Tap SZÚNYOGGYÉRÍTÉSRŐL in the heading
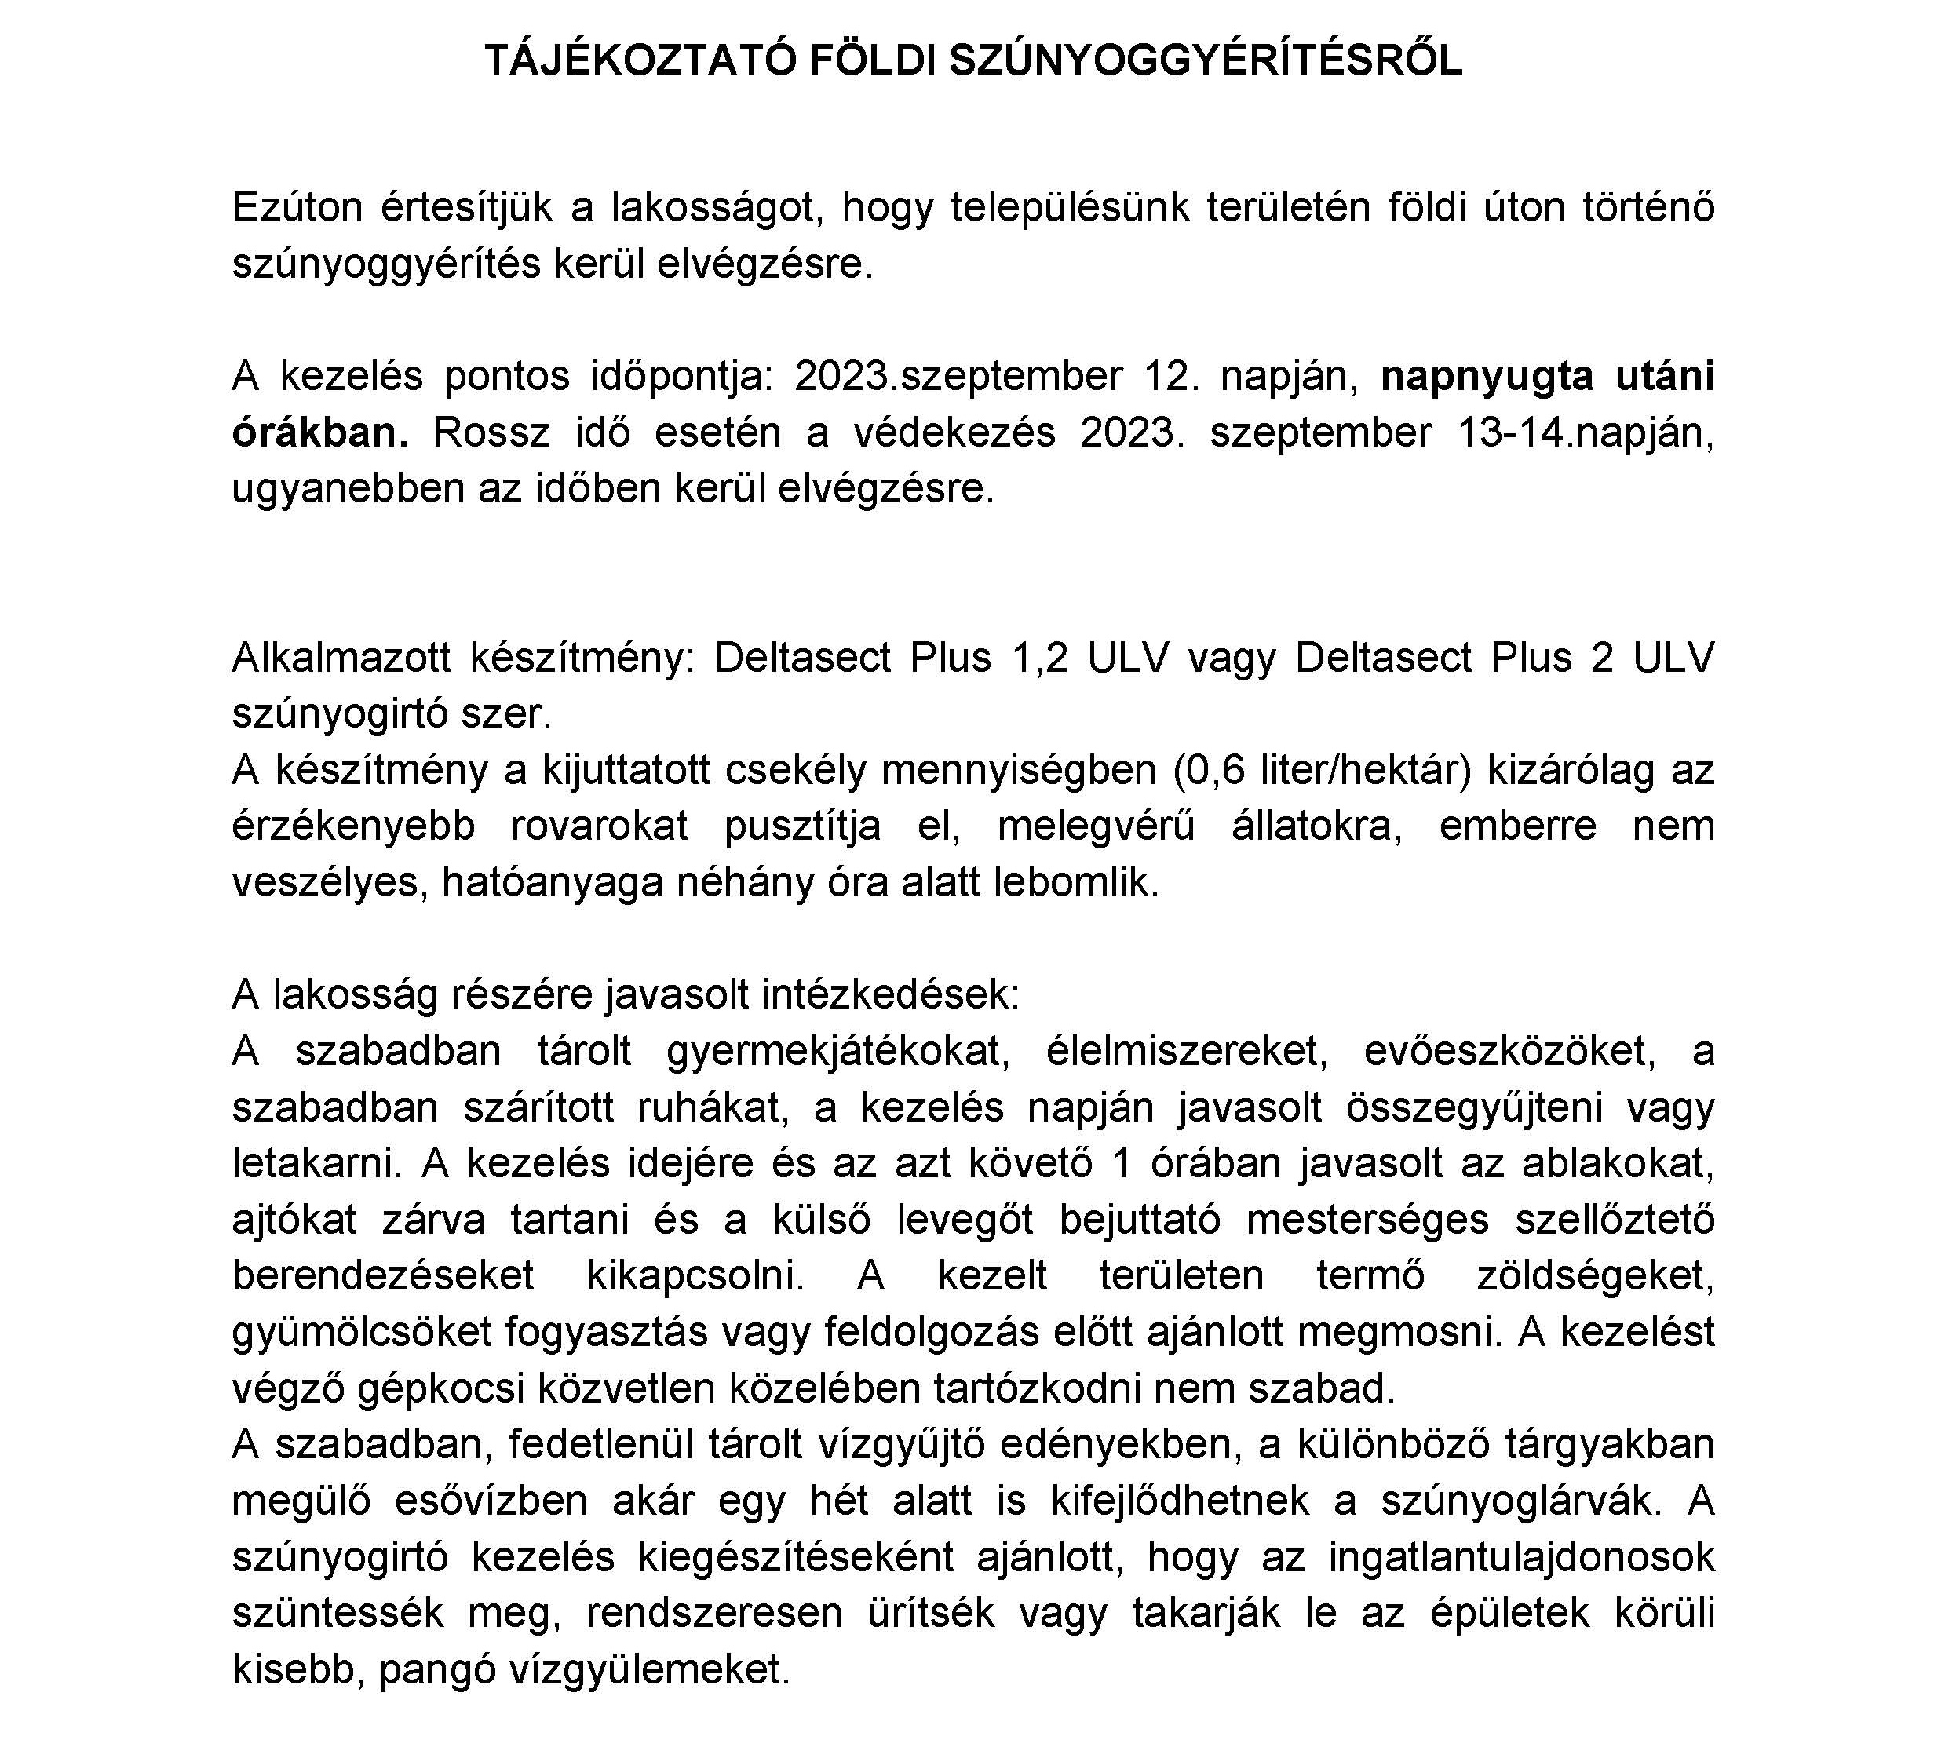click(x=1206, y=61)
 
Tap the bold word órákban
click(x=319, y=433)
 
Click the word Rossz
click(x=491, y=433)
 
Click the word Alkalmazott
click(x=338, y=658)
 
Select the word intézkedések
click(x=891, y=995)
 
